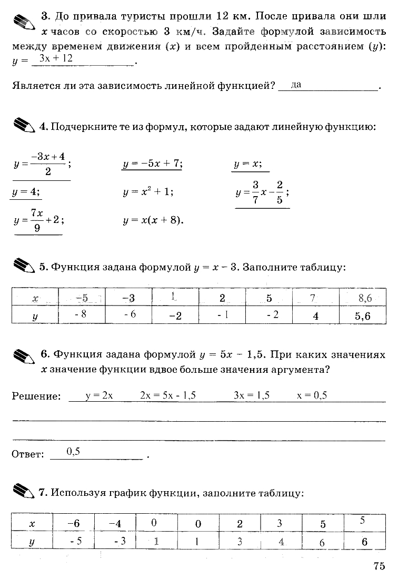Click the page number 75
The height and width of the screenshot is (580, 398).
tap(380, 566)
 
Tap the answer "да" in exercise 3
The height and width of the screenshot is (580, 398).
tap(296, 84)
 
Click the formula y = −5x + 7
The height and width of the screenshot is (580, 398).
tap(152, 164)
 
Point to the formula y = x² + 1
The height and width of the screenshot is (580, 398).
tap(148, 192)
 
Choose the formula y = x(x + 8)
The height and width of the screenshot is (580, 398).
tap(153, 220)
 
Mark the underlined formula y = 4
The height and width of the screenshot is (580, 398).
tap(26, 192)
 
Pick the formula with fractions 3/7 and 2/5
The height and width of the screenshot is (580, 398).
tap(262, 192)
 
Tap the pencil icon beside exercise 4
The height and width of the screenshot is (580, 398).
tap(25, 126)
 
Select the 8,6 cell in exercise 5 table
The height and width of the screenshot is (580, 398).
tap(365, 298)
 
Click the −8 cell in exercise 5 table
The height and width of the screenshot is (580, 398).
tap(82, 315)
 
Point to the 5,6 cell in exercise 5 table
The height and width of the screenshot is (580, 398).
tap(363, 316)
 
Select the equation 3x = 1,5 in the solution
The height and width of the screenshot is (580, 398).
tap(252, 395)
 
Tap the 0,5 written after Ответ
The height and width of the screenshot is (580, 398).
tap(73, 451)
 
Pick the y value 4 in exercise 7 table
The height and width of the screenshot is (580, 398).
tap(281, 542)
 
